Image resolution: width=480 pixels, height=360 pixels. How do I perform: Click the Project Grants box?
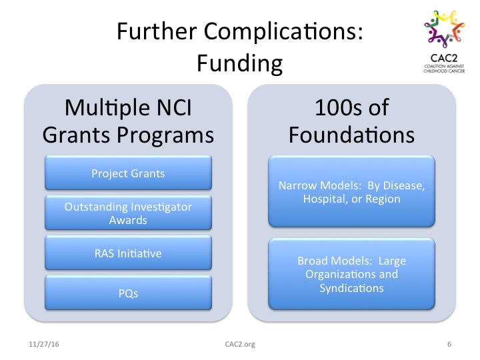coord(128,173)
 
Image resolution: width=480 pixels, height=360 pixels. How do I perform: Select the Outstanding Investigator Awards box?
coord(128,213)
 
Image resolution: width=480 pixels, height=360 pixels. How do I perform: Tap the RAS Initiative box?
coord(128,253)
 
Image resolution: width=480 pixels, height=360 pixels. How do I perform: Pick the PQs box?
coord(128,293)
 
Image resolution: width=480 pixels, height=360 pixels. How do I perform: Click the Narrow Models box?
coord(351,191)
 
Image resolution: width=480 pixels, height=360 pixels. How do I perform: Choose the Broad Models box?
coord(351,274)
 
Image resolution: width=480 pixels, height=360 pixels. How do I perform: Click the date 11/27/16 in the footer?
coord(44,344)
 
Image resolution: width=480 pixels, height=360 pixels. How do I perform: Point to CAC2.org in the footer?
coord(240,344)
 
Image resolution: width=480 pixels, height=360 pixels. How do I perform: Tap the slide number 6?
coord(449,344)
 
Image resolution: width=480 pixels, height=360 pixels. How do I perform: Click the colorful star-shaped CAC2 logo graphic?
coord(444,29)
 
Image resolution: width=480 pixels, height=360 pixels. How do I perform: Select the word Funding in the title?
coord(240,63)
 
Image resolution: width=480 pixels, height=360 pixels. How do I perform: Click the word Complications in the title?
coord(283,32)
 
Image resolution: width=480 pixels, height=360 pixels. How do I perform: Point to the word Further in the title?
coord(157,31)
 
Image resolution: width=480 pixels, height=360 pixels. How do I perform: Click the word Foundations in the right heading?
coord(351,135)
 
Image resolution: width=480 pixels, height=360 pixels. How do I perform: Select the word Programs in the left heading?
coord(165,135)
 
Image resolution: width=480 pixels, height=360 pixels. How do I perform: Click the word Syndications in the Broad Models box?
coord(351,288)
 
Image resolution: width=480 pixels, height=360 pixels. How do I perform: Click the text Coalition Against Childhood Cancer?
coord(444,69)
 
